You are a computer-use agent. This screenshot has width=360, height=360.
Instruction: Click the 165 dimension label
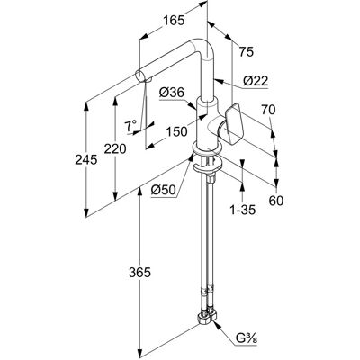(174, 21)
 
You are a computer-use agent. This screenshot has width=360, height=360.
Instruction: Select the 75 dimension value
(247, 52)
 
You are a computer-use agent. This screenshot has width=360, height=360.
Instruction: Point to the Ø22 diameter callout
(256, 81)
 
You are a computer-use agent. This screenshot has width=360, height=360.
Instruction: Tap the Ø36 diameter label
(172, 93)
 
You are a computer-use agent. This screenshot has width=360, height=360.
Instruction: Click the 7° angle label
(130, 126)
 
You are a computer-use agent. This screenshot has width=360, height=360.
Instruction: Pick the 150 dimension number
(176, 131)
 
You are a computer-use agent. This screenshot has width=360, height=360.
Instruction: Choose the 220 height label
(115, 148)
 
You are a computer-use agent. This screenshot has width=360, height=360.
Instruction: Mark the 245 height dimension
(86, 159)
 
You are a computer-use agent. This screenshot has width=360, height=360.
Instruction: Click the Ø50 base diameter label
(163, 190)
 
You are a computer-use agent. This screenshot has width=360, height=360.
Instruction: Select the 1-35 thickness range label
(243, 210)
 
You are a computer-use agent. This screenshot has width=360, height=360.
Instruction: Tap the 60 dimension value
(276, 201)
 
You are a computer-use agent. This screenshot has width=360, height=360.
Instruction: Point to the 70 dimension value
(268, 110)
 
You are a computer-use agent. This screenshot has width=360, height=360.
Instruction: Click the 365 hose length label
(139, 273)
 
